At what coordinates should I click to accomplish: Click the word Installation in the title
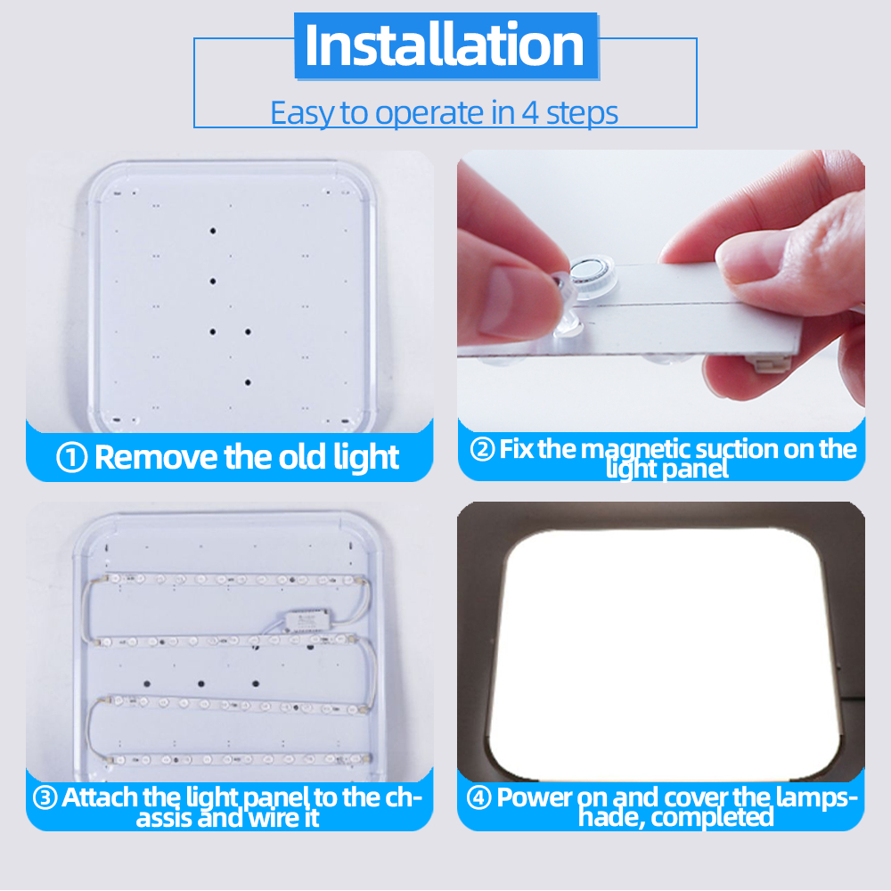(x=445, y=45)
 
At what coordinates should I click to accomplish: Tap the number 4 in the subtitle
(x=529, y=112)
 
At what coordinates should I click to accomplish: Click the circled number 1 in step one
(x=72, y=457)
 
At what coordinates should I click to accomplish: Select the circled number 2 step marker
(x=482, y=449)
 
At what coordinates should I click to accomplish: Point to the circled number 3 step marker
(x=45, y=797)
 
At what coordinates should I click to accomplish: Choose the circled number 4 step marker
(x=478, y=797)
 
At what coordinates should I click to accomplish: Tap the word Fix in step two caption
(x=516, y=449)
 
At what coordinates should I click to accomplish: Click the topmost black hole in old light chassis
(x=213, y=231)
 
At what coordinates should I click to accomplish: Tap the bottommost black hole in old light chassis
(x=248, y=382)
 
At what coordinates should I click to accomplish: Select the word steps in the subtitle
(x=582, y=113)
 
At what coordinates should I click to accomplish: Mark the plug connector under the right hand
(x=771, y=362)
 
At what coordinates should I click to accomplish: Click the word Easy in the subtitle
(x=302, y=113)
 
